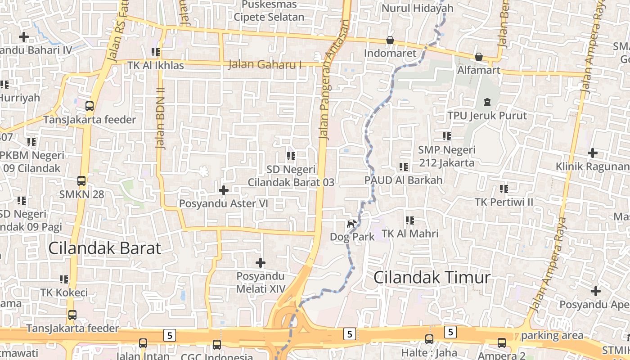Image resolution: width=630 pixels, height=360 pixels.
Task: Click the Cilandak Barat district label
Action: click(104, 248)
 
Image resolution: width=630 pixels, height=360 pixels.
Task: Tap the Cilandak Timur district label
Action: click(432, 278)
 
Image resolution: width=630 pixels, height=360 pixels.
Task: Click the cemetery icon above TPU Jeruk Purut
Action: click(487, 103)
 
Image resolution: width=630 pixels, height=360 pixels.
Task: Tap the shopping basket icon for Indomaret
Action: click(390, 40)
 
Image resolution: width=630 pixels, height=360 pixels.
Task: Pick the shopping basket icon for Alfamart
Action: click(479, 57)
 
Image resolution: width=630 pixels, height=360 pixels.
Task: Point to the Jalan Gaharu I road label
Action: click(265, 64)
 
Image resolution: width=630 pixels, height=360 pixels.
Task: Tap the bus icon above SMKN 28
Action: click(81, 181)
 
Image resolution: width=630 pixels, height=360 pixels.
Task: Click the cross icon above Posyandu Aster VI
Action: click(223, 190)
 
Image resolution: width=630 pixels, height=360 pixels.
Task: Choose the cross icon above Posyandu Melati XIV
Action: click(261, 263)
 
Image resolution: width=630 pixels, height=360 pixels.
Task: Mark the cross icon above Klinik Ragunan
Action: click(593, 153)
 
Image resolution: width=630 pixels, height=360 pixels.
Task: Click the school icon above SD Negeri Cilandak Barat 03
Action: click(291, 156)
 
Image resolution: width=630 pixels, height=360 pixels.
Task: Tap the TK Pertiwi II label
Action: click(504, 202)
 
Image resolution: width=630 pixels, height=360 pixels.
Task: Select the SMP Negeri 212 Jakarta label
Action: click(447, 156)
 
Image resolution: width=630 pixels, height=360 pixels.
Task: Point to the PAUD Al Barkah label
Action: click(403, 180)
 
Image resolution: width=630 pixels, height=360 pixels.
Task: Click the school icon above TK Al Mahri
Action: click(409, 220)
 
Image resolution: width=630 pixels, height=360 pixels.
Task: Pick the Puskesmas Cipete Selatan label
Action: click(269, 11)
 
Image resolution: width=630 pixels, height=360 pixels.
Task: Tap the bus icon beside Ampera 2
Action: click(502, 343)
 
